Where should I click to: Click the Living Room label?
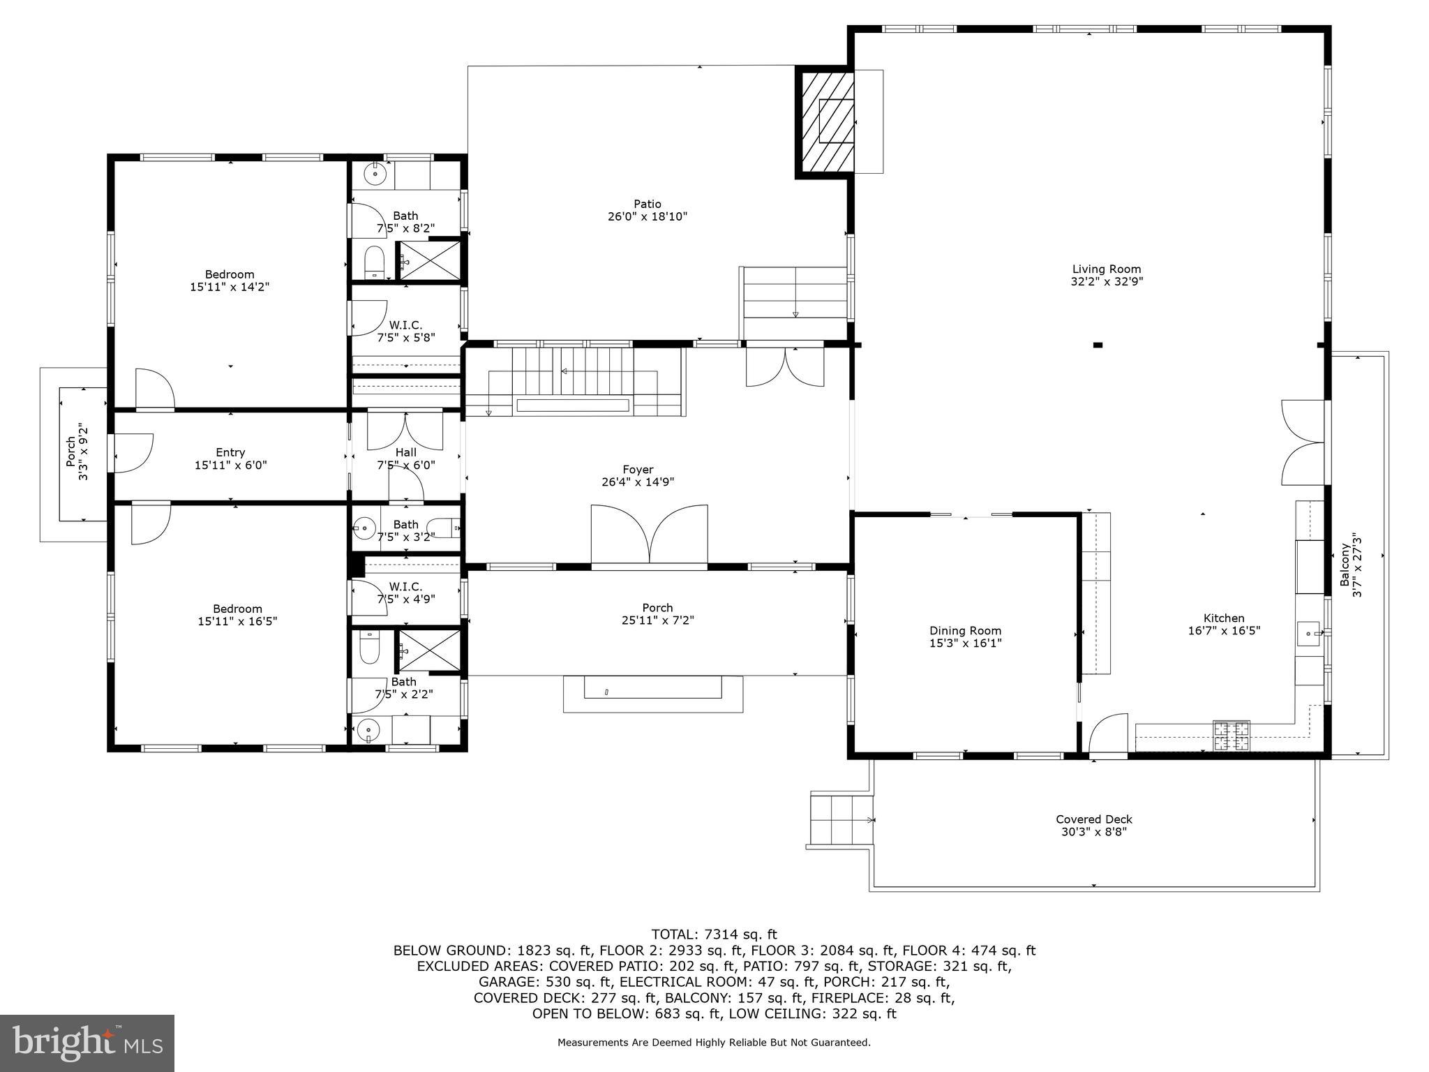(x=1106, y=269)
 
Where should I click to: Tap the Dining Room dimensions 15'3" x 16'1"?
(x=965, y=643)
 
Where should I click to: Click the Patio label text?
(x=647, y=204)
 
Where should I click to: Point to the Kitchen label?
(x=1223, y=618)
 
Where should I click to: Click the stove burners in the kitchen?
(x=1232, y=736)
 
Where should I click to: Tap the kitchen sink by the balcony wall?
(x=1308, y=634)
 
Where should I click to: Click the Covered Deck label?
(x=1093, y=819)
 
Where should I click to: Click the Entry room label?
(x=230, y=452)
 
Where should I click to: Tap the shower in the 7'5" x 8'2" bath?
(x=428, y=260)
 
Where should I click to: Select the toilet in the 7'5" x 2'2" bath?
(x=368, y=649)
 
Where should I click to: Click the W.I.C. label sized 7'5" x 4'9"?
(x=405, y=587)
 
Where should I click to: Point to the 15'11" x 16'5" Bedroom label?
(x=237, y=609)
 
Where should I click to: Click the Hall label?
(x=405, y=452)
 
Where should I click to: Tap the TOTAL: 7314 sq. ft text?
(x=714, y=935)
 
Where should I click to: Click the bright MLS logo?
(x=87, y=1043)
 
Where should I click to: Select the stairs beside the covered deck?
(x=841, y=820)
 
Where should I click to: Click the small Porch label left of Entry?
(x=70, y=451)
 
